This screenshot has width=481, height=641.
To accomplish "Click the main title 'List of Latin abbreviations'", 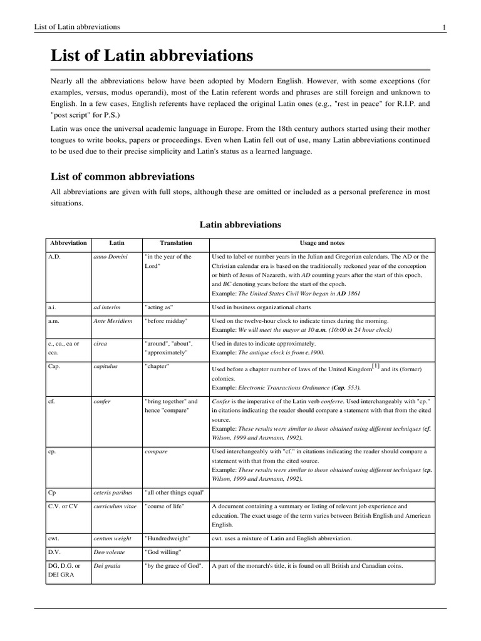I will pos(152,56).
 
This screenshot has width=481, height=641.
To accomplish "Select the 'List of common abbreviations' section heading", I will pos(122,177).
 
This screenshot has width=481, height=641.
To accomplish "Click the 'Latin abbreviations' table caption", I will pos(240,224).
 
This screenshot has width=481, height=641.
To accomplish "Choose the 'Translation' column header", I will pos(175,243).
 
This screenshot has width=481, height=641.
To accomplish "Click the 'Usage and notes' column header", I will pos(322,243).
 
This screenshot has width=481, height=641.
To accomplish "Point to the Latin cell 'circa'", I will pos(100,344).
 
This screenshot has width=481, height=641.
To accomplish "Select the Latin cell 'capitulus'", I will pos(106,366).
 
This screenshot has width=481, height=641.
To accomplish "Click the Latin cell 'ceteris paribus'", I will pos(113,493).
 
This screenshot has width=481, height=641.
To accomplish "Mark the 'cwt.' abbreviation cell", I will pos(54,538).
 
